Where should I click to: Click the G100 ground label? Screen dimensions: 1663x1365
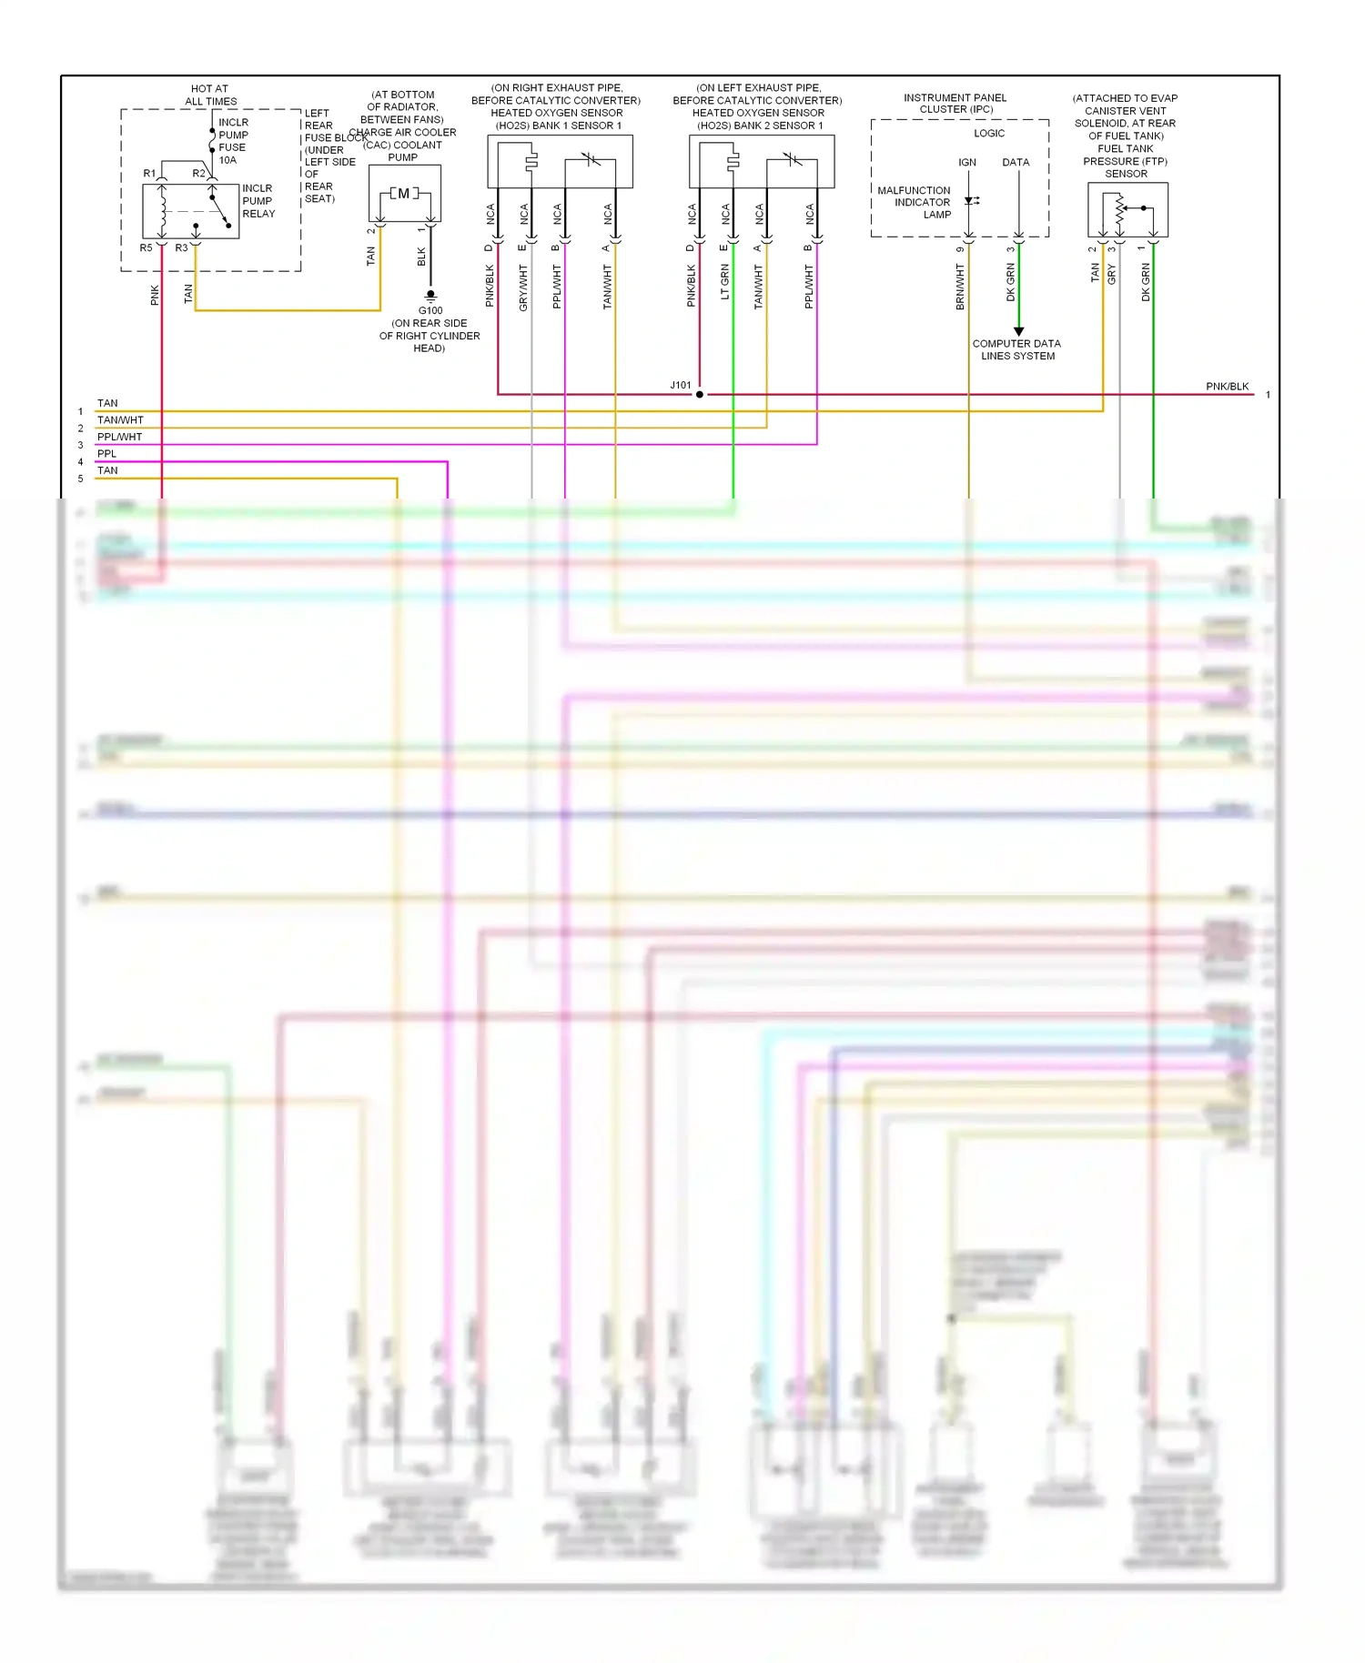(x=430, y=310)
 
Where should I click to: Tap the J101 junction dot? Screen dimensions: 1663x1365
(x=699, y=395)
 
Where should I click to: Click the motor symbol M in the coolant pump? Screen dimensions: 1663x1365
(x=404, y=193)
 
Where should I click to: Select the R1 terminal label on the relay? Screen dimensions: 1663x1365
(x=149, y=173)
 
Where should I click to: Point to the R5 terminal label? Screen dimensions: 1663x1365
(x=146, y=247)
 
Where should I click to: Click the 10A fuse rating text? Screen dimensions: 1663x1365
(x=227, y=160)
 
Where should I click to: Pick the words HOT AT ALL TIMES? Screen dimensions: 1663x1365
(x=210, y=96)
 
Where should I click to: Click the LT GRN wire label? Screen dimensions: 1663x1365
(x=725, y=282)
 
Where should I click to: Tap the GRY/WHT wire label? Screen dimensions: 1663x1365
(x=523, y=287)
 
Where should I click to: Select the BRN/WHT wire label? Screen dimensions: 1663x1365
(x=960, y=287)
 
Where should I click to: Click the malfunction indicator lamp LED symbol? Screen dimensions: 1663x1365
(x=970, y=201)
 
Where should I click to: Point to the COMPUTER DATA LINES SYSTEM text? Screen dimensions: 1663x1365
(x=1016, y=350)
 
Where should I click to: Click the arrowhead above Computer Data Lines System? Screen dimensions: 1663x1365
(x=1018, y=331)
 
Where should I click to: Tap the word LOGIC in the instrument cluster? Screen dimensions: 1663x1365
(x=989, y=134)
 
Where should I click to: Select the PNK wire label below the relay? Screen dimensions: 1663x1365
(x=155, y=295)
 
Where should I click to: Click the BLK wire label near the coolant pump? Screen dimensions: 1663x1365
(x=421, y=257)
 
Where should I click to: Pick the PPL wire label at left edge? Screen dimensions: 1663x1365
(x=106, y=454)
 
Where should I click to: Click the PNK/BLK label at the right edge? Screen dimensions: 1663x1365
(x=1227, y=387)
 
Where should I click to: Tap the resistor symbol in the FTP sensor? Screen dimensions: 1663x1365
(x=1119, y=212)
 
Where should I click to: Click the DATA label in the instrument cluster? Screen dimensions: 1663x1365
(x=1016, y=163)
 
